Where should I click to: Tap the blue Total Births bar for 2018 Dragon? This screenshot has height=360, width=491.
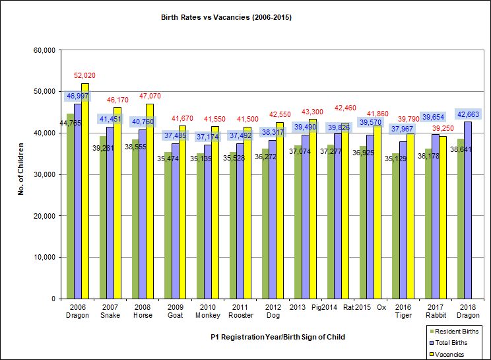(468, 211)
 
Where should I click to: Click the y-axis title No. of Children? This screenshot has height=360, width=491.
(21, 174)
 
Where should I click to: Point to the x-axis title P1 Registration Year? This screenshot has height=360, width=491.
(278, 337)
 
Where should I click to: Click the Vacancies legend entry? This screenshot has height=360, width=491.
(449, 354)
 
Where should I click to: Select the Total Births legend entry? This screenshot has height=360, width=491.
(452, 342)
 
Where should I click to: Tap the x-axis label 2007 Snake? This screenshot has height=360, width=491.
(110, 311)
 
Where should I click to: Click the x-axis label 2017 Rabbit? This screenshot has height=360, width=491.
(434, 311)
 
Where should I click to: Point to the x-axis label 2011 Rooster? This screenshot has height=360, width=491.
(240, 311)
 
